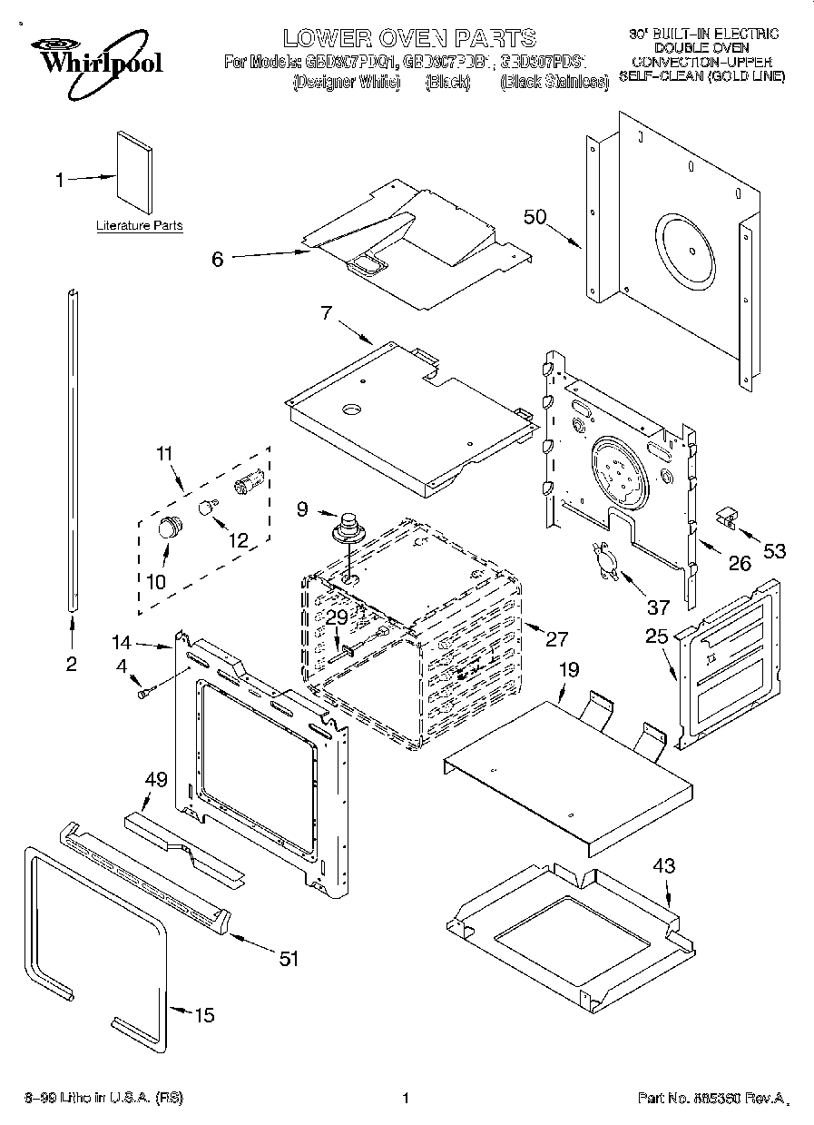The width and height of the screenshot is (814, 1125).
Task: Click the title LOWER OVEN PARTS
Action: pyautogui.click(x=408, y=37)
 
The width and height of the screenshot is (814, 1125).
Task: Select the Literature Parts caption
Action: pyautogui.click(x=139, y=225)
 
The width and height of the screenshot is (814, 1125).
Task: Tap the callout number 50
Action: pyautogui.click(x=535, y=217)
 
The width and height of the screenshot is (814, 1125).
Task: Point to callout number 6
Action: pyautogui.click(x=217, y=259)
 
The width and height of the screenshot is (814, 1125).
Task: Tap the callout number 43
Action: pyautogui.click(x=664, y=865)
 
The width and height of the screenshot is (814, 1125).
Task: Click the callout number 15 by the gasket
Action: pyautogui.click(x=205, y=1015)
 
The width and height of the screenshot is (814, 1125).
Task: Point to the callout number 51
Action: pyautogui.click(x=289, y=958)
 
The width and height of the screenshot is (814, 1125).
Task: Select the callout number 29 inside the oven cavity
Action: pyautogui.click(x=337, y=617)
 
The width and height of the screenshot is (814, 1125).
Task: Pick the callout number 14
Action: pyautogui.click(x=123, y=643)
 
